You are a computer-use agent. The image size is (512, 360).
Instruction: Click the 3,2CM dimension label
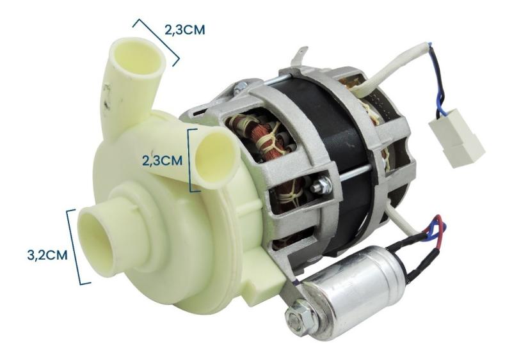pos(47,255)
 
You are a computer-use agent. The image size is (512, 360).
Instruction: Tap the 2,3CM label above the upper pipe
pos(185,29)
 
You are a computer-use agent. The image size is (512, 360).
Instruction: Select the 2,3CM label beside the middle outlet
pos(162,161)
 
